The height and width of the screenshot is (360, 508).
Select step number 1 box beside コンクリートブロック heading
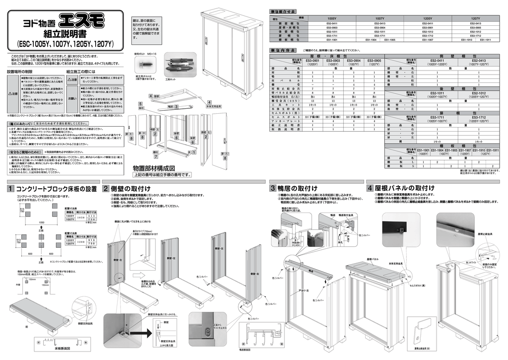10,189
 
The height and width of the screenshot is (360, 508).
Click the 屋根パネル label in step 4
373,259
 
